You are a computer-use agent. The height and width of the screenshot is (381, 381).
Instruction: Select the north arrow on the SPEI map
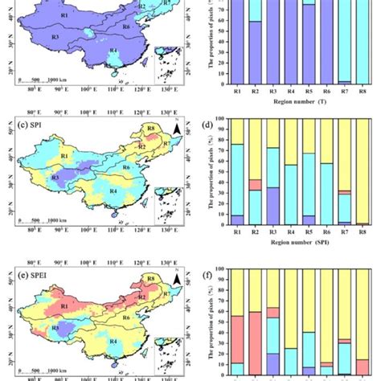(175, 278)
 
